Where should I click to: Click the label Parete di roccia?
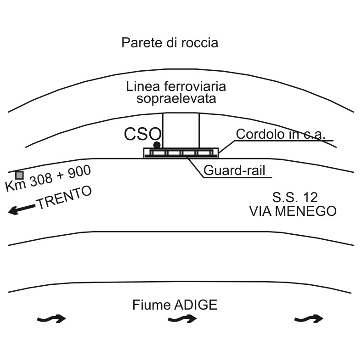tap(170, 43)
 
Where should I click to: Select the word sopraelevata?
tap(176, 98)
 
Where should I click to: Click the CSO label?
tap(142, 134)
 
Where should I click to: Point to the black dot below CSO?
tap(157, 145)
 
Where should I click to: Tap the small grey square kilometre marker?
tap(19, 175)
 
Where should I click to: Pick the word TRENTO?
tap(64, 198)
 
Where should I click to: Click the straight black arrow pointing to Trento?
tap(22, 209)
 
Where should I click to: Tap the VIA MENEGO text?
tap(293, 211)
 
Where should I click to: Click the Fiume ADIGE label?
tap(175, 305)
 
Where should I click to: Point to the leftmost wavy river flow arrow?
tap(51, 318)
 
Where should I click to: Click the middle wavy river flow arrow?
tap(182, 318)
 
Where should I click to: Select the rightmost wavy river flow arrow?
tap(309, 318)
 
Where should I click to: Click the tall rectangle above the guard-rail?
tap(181, 130)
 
